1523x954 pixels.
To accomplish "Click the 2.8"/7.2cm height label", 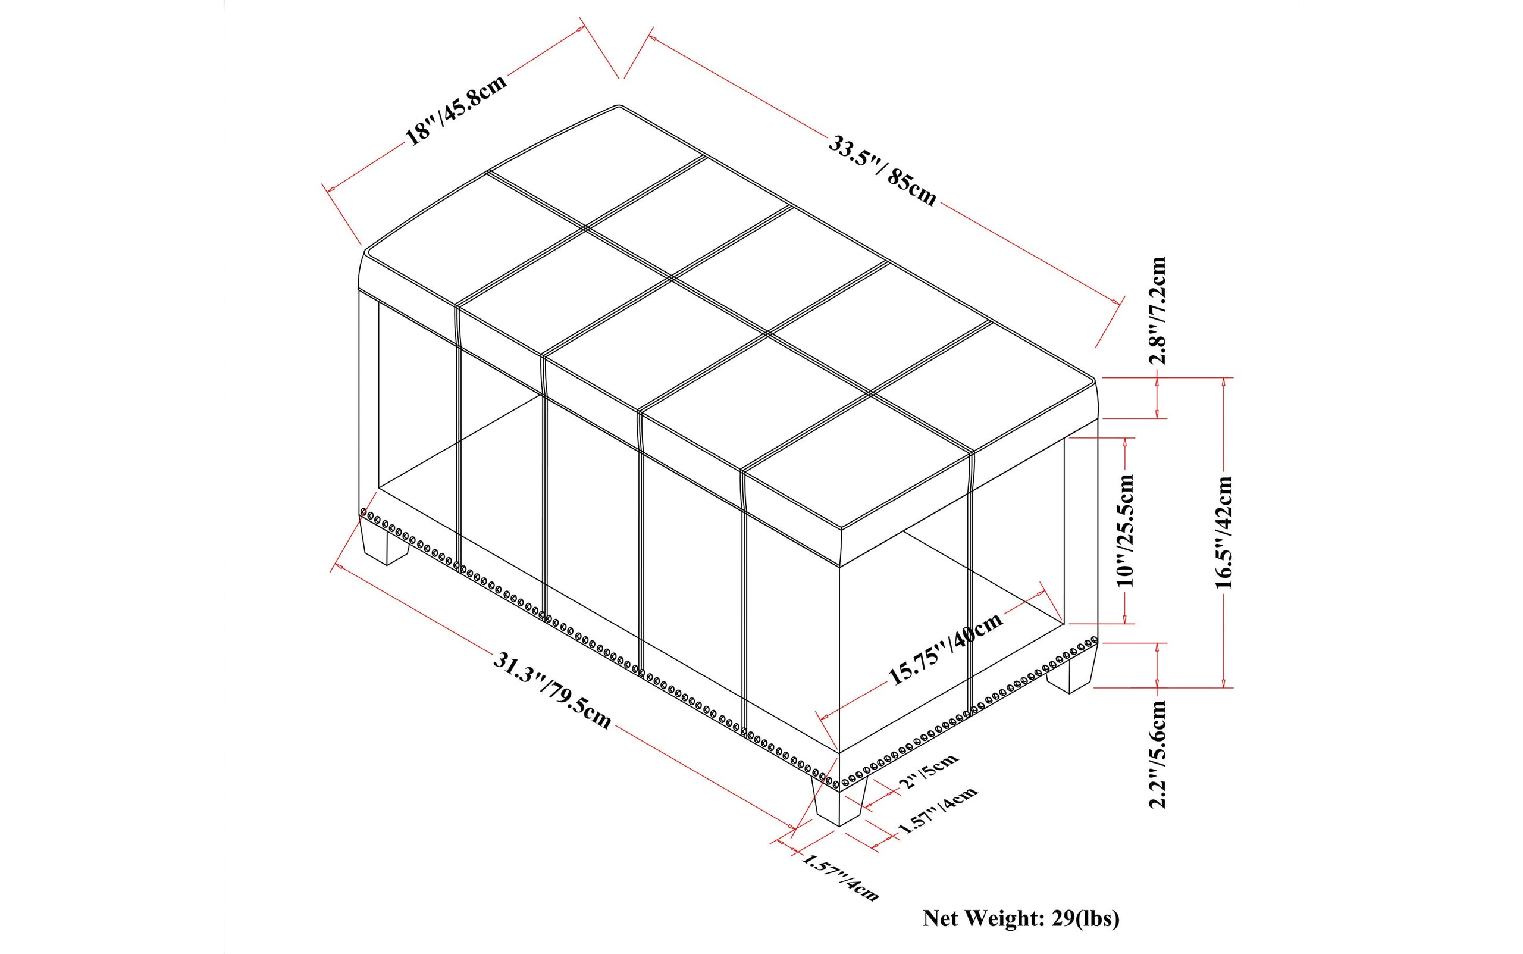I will pos(1158,311).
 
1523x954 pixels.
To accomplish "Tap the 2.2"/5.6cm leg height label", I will pos(1158,754).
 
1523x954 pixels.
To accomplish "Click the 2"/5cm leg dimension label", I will pos(928,770).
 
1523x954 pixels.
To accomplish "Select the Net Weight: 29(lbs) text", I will pos(1021,918).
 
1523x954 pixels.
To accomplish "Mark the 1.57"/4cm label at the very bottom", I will pos(839,877).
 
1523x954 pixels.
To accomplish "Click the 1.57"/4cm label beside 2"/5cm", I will pos(938,809).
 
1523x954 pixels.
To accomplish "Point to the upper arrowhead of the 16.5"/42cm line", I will pos(1223,382).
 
